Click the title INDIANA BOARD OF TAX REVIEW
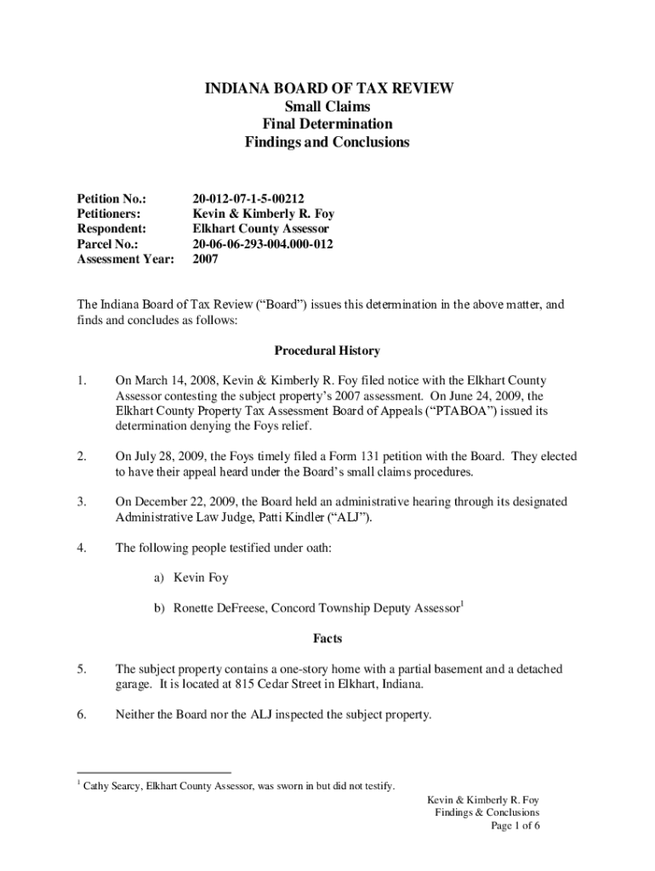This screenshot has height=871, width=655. [x=327, y=88]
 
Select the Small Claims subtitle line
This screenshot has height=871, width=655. [x=327, y=106]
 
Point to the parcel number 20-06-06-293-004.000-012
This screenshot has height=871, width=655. [x=264, y=245]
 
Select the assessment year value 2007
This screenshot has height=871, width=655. [x=206, y=260]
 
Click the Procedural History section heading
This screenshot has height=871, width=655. [x=327, y=350]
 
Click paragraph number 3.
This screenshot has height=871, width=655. [x=82, y=502]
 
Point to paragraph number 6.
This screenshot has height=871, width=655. [x=82, y=715]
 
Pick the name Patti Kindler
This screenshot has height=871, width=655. [x=264, y=517]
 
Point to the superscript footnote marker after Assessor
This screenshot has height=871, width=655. [x=462, y=604]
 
